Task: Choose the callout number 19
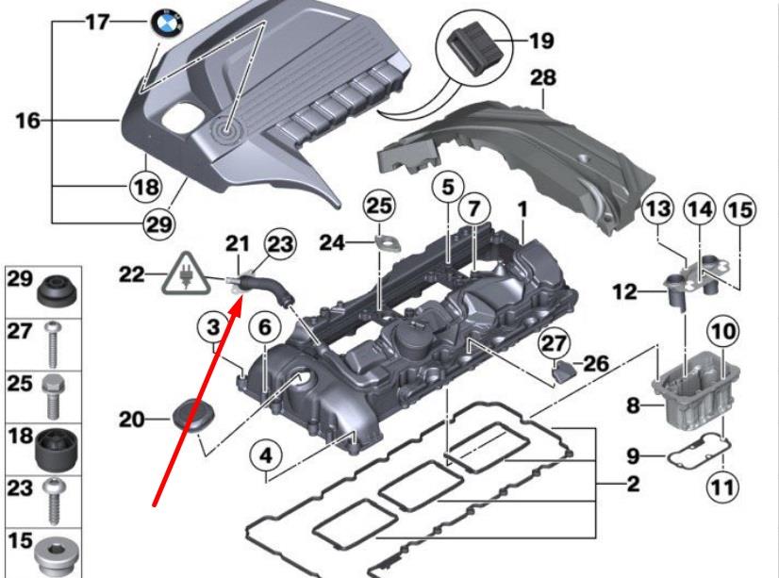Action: click(x=540, y=41)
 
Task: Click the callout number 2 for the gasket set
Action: click(x=634, y=486)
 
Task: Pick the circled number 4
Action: click(x=267, y=455)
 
